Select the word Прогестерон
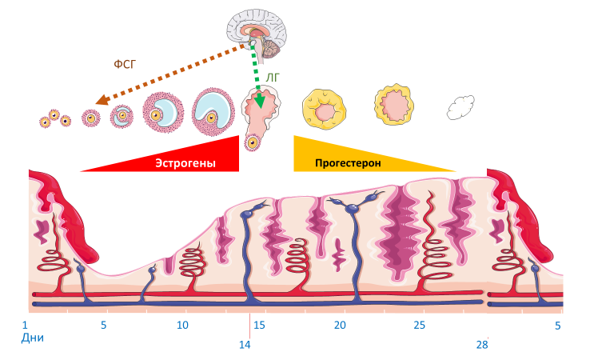tap(347, 162)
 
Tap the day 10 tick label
tap(182, 326)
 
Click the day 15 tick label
tap(259, 326)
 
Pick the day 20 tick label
tap(340, 326)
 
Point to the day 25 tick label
tap(420, 326)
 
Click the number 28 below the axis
tap(481, 345)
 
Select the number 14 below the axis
tap(245, 345)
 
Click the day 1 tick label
tap(26, 326)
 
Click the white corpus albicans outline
tap(461, 107)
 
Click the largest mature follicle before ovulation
tap(212, 110)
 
